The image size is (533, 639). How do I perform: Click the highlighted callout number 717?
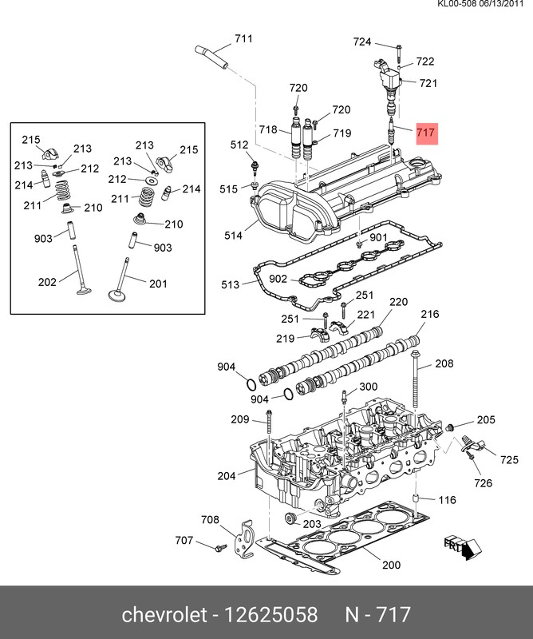tap(426, 133)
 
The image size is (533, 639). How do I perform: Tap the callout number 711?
tap(243, 39)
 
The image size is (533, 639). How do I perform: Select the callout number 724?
tap(363, 42)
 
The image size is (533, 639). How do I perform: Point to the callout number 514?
tap(233, 236)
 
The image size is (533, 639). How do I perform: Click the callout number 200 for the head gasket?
tap(390, 566)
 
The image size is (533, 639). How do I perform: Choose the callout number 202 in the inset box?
tap(47, 281)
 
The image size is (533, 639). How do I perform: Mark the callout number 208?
tap(444, 363)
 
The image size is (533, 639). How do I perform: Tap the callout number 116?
tap(447, 500)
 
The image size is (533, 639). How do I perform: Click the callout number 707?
tap(184, 541)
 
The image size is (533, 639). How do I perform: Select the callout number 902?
tap(278, 279)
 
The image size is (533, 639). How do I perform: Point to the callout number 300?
tap(368, 387)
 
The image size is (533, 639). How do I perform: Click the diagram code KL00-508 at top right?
tap(458, 6)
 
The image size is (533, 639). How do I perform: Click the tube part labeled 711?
tap(211, 57)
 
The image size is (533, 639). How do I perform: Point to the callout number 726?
tap(484, 483)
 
